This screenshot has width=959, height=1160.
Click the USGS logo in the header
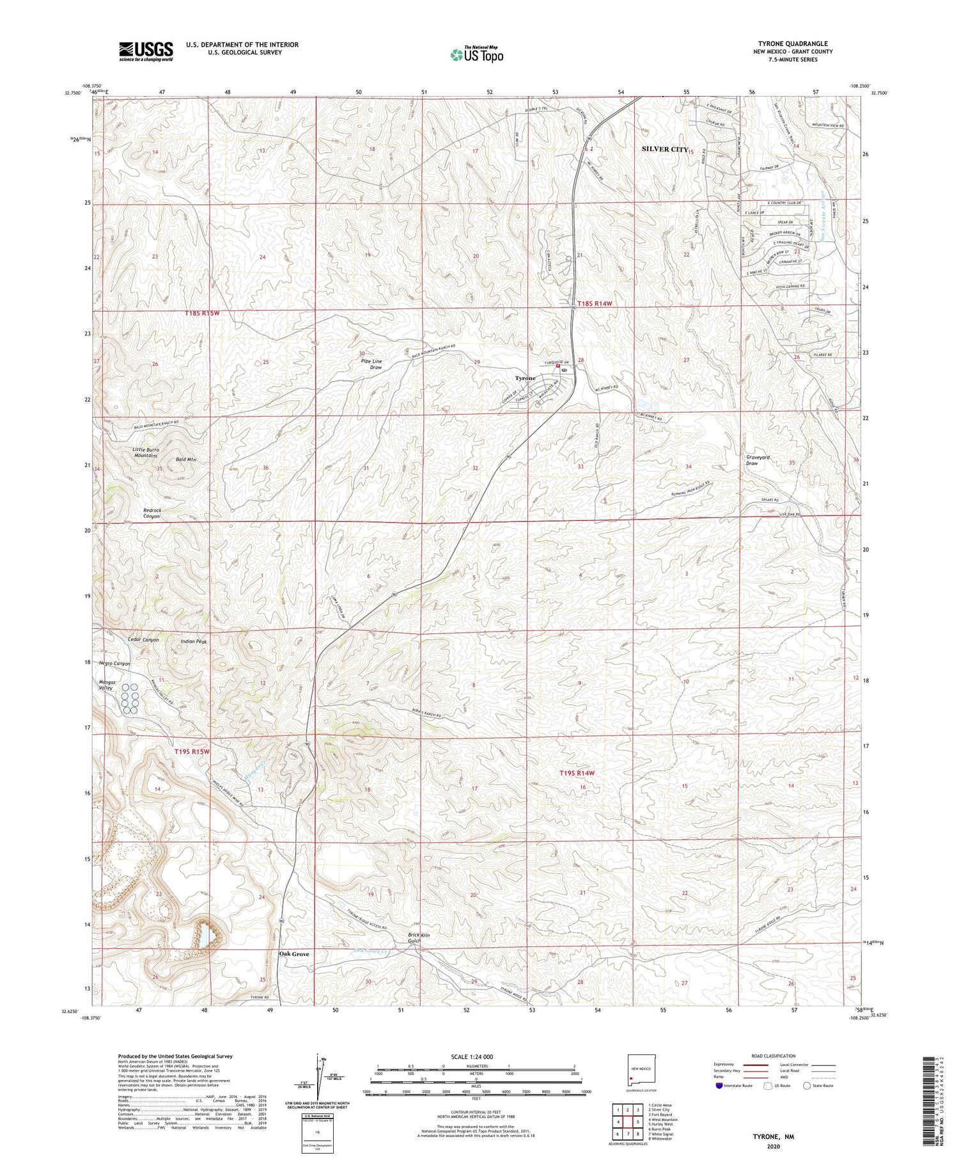click(146, 51)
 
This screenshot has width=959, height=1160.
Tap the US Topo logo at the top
click(477, 55)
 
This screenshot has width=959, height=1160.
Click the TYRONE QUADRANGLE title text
click(792, 44)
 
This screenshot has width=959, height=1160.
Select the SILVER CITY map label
click(664, 149)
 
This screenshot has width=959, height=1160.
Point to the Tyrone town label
click(525, 378)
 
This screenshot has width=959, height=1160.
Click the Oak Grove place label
click(294, 954)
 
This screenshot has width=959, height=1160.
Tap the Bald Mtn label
click(185, 460)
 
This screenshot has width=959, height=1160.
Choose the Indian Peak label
click(194, 641)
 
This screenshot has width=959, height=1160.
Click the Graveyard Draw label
click(758, 461)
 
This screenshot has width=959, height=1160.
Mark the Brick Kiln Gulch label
click(419, 939)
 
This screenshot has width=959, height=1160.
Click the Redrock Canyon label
click(152, 513)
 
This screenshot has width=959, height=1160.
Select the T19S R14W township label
click(577, 773)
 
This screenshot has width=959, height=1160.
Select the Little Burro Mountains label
click(146, 452)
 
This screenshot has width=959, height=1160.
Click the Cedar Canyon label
click(143, 640)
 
